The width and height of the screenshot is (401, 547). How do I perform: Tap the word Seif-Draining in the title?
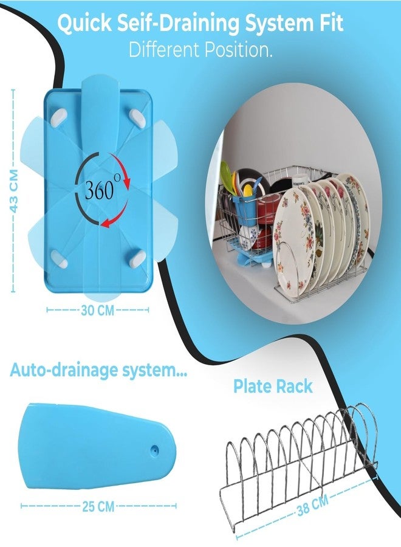pos(178,24)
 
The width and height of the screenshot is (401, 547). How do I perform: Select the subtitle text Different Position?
pos(200,50)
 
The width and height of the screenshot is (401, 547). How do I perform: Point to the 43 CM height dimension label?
pos(13,191)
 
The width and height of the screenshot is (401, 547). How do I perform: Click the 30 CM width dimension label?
pos(98,310)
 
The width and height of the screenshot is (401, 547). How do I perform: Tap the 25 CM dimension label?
pos(98,506)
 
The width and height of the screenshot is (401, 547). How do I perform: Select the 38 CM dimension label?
pos(313,506)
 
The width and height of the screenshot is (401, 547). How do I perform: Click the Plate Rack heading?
pos(273,386)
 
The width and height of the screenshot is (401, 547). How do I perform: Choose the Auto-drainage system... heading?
pos(98,370)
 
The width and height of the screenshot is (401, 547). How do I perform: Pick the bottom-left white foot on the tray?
pos(60,259)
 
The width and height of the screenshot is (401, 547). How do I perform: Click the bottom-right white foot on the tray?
pos(137,258)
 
